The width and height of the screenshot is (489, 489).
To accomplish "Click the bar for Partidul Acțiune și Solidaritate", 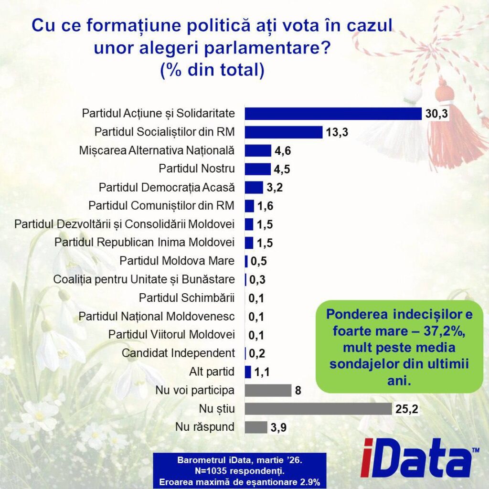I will coord(333,113).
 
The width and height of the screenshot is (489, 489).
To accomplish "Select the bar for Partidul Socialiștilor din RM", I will coord(284,132).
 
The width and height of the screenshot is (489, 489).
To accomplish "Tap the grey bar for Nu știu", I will coord(319,409).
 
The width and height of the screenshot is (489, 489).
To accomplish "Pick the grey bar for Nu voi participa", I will coord(268,391).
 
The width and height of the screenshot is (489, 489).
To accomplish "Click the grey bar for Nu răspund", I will coord(256,427).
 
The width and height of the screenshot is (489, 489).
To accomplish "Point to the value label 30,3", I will coord(436,114).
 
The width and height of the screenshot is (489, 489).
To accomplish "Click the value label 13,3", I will coord(337,132).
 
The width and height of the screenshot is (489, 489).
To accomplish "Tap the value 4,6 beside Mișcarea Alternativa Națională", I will coord(281,151).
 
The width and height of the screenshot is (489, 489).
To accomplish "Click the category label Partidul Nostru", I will coord(196,169).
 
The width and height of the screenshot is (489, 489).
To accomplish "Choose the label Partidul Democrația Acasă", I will coord(167,187).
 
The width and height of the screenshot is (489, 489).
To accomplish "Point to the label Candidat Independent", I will coord(178,353).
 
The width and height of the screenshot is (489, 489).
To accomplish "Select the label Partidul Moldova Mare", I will coord(177,261).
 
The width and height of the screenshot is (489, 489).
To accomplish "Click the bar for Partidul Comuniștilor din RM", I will coord(249,206).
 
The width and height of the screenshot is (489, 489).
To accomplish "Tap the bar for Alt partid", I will coord(248,372).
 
